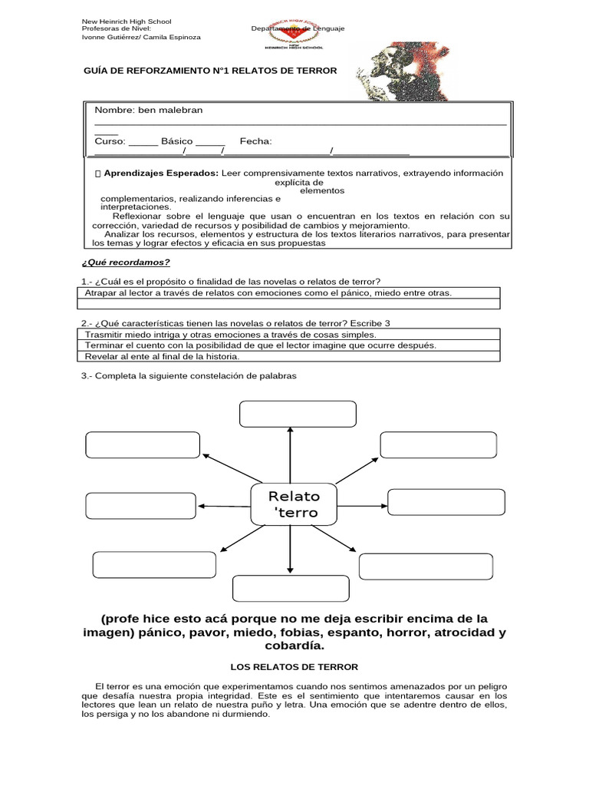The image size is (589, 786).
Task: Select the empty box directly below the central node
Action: coord(291,589)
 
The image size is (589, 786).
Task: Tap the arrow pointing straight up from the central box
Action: coord(290,453)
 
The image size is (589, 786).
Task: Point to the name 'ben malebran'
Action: coord(170,111)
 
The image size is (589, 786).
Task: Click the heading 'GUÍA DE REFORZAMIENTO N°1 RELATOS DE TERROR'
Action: coord(209,70)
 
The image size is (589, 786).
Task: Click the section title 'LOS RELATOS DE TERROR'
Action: coord(294,667)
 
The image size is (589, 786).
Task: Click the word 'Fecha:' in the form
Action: coord(255,141)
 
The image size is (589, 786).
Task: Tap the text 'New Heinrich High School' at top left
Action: coord(127,21)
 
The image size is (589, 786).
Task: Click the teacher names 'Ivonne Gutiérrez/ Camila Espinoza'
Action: coord(141,37)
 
